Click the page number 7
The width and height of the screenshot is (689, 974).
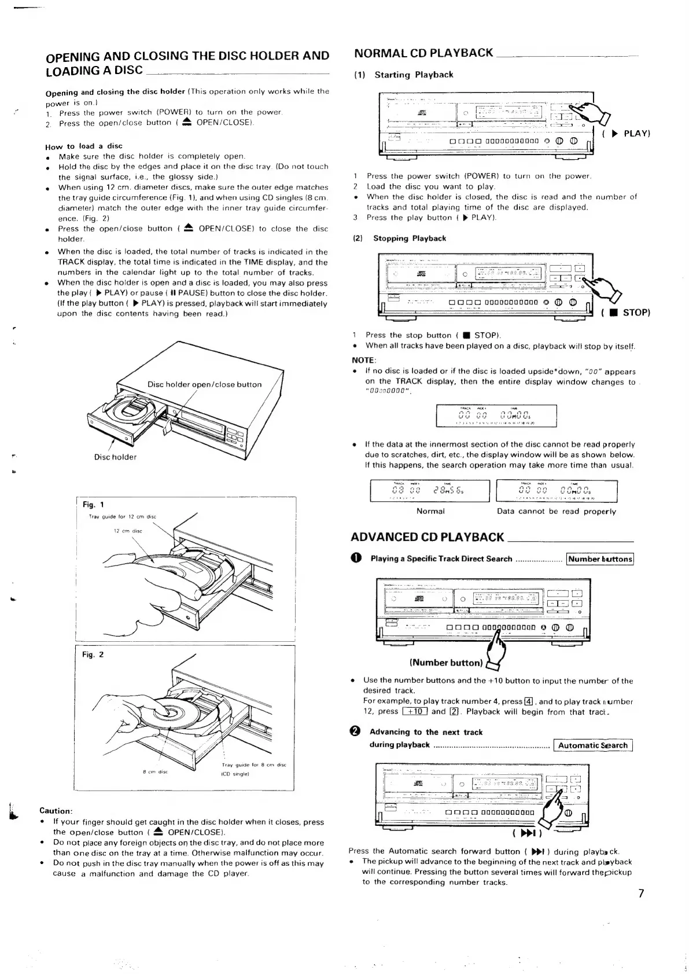[x=640, y=893]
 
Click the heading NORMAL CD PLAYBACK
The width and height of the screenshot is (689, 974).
[x=423, y=53]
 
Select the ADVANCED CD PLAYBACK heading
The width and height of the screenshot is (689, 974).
[x=428, y=537]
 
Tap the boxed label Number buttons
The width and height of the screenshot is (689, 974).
[x=600, y=559]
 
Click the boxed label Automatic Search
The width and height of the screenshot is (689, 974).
[x=592, y=745]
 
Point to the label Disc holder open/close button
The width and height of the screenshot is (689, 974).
[x=204, y=384]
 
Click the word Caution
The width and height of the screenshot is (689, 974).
[x=56, y=811]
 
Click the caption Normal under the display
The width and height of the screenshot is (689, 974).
[x=430, y=511]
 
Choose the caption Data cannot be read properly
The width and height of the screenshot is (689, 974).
[x=557, y=511]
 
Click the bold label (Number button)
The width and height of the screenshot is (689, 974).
[x=445, y=663]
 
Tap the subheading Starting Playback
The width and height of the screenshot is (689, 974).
[x=414, y=75]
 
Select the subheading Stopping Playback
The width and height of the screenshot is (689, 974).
[x=410, y=238]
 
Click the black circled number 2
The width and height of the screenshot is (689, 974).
[x=356, y=732]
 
